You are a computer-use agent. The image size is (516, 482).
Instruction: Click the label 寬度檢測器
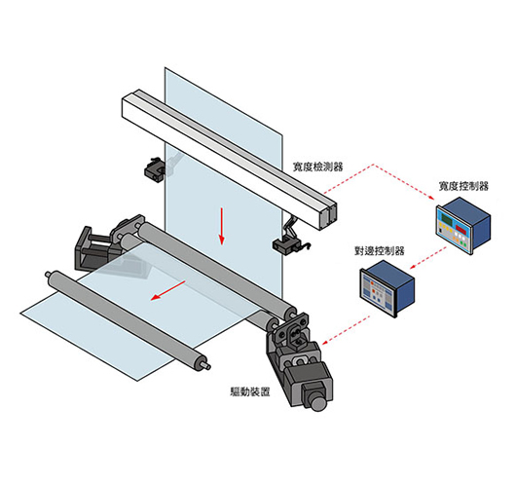pos(317,167)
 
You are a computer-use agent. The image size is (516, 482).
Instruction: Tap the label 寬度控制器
pos(463,186)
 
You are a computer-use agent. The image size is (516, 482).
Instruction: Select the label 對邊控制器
pos(379,251)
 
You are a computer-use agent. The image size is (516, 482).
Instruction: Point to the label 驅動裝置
pos(250,391)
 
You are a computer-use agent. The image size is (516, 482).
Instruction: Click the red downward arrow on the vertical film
pos(222,226)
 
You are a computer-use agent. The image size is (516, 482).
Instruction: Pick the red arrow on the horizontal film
pos(168,290)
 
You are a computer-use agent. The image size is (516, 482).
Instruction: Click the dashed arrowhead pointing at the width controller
pos(431,198)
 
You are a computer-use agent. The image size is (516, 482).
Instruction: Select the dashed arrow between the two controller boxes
pos(428,258)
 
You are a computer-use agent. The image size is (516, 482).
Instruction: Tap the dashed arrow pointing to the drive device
pos(346,330)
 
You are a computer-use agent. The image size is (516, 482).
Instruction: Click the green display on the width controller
pos(447,218)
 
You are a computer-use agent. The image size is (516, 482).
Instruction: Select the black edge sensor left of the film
pos(154,169)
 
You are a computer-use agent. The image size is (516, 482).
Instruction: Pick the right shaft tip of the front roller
pos(207,366)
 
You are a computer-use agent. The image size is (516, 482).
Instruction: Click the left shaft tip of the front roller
pos(48,274)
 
